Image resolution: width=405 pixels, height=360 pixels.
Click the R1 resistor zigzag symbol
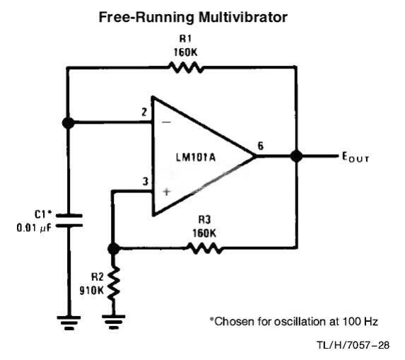pyautogui.click(x=185, y=68)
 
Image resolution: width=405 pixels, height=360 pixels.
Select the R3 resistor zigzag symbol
pyautogui.click(x=204, y=248)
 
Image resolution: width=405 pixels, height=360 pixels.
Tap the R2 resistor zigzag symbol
pyautogui.click(x=114, y=284)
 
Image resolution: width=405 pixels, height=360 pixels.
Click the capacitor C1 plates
pyautogui.click(x=69, y=221)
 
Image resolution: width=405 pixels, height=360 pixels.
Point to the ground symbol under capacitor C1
pyautogui.click(x=69, y=323)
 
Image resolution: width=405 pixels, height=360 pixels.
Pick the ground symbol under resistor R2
pyautogui.click(x=114, y=322)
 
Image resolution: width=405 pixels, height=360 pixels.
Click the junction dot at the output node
pyautogui.click(x=296, y=156)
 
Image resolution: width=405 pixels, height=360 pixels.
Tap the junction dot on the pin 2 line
pyautogui.click(x=68, y=123)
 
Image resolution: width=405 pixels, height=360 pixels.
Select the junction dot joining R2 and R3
pyautogui.click(x=114, y=249)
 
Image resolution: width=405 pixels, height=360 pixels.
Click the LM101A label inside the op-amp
pyautogui.click(x=196, y=157)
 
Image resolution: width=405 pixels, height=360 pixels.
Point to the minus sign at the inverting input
pyautogui.click(x=167, y=122)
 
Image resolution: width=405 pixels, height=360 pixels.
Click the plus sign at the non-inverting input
pyautogui.click(x=167, y=192)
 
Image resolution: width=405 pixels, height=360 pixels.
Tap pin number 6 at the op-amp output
pyautogui.click(x=261, y=146)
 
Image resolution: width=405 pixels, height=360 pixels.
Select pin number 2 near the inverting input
pyautogui.click(x=144, y=112)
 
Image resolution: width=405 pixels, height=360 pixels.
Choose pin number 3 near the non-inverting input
pyautogui.click(x=146, y=182)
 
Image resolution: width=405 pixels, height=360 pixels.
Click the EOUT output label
pyautogui.click(x=356, y=157)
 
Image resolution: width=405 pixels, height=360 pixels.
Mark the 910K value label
pyautogui.click(x=91, y=291)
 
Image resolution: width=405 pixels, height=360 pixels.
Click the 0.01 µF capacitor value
pyautogui.click(x=34, y=228)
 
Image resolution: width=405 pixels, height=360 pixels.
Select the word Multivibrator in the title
pyautogui.click(x=243, y=17)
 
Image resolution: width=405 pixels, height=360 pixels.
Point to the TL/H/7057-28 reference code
pyautogui.click(x=353, y=345)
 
